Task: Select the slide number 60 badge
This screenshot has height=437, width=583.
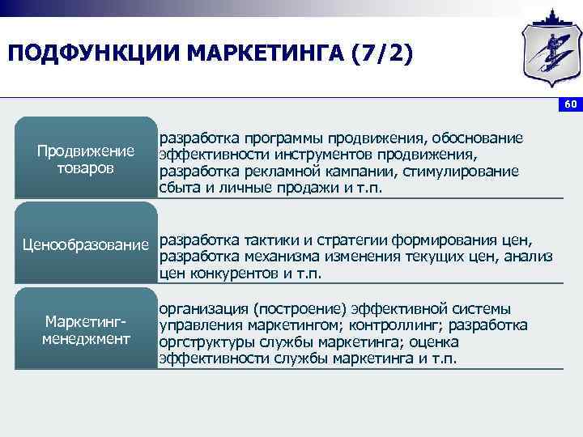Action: coord(570,105)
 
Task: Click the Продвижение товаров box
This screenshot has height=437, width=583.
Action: coord(86,159)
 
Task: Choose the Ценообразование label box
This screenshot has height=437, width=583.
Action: coord(86,244)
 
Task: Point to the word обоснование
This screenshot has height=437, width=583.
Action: coord(477,138)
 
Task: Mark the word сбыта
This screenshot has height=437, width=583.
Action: coord(179,188)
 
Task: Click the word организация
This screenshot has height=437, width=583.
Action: coord(202,308)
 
